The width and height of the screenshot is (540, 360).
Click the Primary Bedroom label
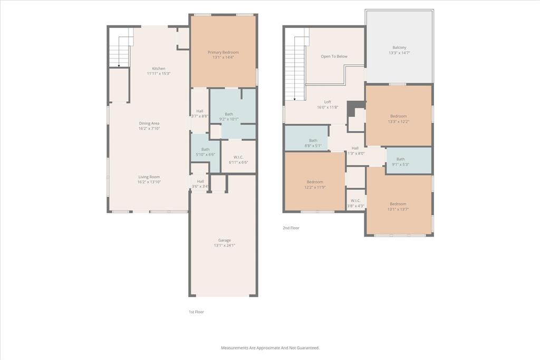223,52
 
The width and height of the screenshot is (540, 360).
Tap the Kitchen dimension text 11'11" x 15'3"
159,74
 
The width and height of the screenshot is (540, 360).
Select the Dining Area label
149,123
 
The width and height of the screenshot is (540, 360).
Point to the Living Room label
149,177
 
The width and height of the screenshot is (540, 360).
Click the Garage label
224,240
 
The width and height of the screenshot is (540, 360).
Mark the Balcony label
399,47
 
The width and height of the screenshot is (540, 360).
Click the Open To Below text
334,56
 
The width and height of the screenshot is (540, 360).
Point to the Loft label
327,102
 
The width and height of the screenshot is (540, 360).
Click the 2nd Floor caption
291,228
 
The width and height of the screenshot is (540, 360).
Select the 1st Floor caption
196,312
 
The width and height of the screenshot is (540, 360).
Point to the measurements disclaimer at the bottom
270,348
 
